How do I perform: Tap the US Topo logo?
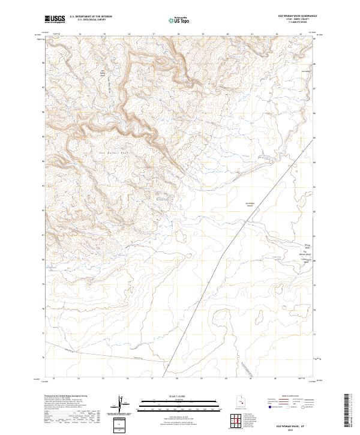coord(180,19)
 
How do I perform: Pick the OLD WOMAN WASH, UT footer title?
coord(293,424)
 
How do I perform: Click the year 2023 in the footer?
coord(293,428)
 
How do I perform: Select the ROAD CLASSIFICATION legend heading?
coord(292,397)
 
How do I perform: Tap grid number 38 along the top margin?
coord(178,35)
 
